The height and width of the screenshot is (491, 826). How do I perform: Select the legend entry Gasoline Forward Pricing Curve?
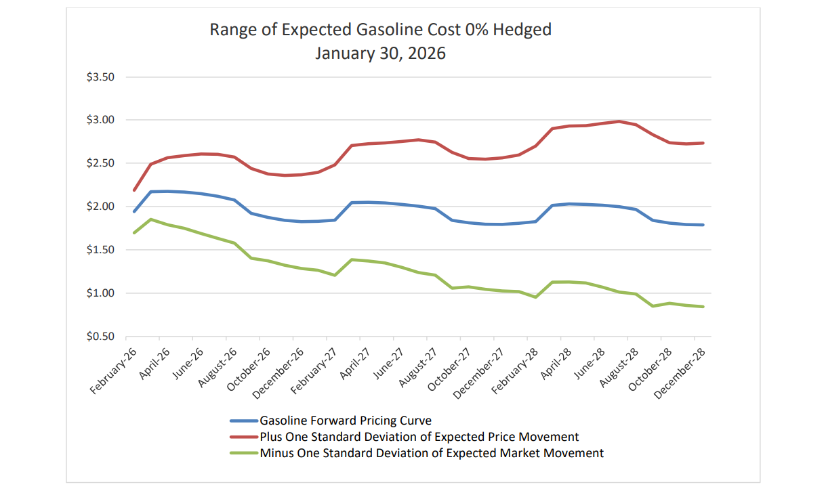coord(346,421)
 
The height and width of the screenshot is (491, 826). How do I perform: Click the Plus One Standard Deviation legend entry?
coord(419,437)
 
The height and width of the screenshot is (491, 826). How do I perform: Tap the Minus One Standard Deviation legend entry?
coord(432,452)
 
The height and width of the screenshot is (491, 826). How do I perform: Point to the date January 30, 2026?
coord(380,53)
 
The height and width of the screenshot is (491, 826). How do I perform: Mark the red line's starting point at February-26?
coord(134,190)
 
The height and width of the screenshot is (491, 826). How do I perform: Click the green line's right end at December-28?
coord(703,307)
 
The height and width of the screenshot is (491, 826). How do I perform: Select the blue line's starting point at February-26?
coord(134,211)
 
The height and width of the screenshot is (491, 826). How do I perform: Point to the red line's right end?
coord(703,143)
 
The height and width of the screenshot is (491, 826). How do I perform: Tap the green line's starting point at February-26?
coord(134,233)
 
